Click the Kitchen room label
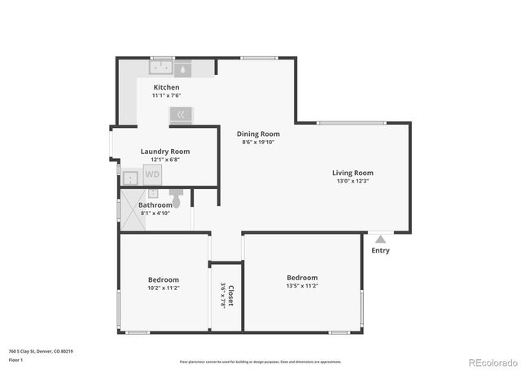pyautogui.click(x=166, y=87)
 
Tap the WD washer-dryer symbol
pyautogui.click(x=152, y=174)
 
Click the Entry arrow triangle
pyautogui.click(x=380, y=239)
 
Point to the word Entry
pyautogui.click(x=380, y=251)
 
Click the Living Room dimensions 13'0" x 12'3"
pyautogui.click(x=352, y=181)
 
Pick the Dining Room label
pyautogui.click(x=258, y=134)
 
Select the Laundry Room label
pyautogui.click(x=165, y=151)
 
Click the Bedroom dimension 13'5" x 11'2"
pyautogui.click(x=302, y=287)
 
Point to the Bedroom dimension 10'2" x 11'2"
pyautogui.click(x=163, y=288)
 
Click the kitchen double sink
pyautogui.click(x=162, y=68)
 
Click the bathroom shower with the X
pyautogui.click(x=152, y=194)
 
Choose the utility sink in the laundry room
pyautogui.click(x=130, y=177)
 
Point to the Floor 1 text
pyautogui.click(x=15, y=359)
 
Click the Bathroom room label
pyautogui.click(x=155, y=205)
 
